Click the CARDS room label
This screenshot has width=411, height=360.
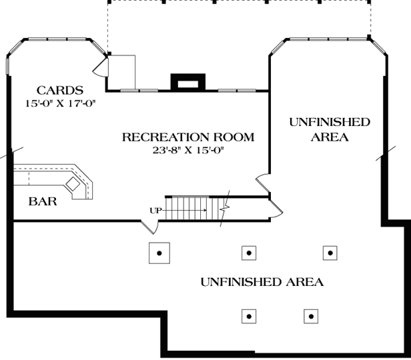click(60, 90)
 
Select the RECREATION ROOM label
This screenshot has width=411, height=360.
click(188, 138)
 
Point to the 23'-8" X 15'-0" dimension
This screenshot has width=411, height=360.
click(188, 151)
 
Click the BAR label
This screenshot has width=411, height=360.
click(42, 201)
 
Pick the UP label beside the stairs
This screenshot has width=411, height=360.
click(156, 211)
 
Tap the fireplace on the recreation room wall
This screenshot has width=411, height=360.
click(185, 81)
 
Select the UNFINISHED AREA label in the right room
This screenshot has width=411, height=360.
click(330, 129)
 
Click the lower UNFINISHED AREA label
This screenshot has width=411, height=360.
click(262, 282)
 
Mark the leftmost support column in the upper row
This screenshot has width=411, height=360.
click(159, 253)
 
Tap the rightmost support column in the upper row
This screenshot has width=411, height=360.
click(330, 253)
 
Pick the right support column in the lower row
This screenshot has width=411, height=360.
click(310, 316)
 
